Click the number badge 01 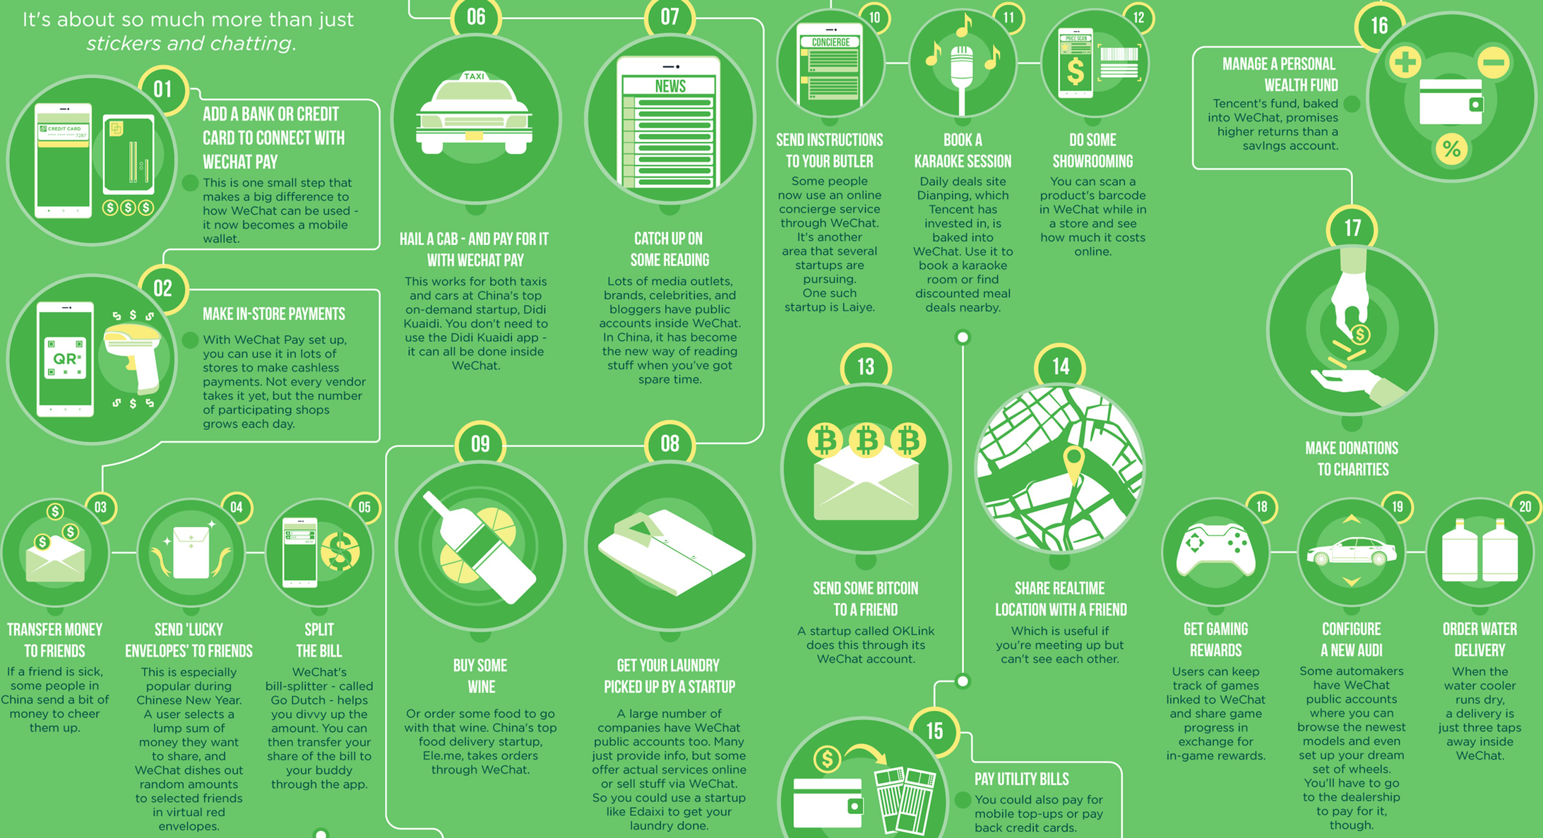(x=163, y=90)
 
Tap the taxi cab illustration (x=474, y=114)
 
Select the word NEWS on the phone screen (x=670, y=86)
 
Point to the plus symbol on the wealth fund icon (x=1405, y=62)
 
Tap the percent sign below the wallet (x=1451, y=149)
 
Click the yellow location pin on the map (x=1073, y=463)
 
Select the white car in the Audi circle (x=1351, y=552)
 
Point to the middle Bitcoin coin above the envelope (x=866, y=441)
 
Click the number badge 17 (x=1352, y=228)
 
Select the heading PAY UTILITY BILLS (x=1021, y=779)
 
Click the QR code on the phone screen (x=65, y=359)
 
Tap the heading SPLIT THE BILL (x=318, y=640)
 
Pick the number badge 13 (x=866, y=367)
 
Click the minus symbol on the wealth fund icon (x=1494, y=63)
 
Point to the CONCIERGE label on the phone (x=830, y=42)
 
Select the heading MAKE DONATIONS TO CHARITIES (x=1352, y=459)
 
